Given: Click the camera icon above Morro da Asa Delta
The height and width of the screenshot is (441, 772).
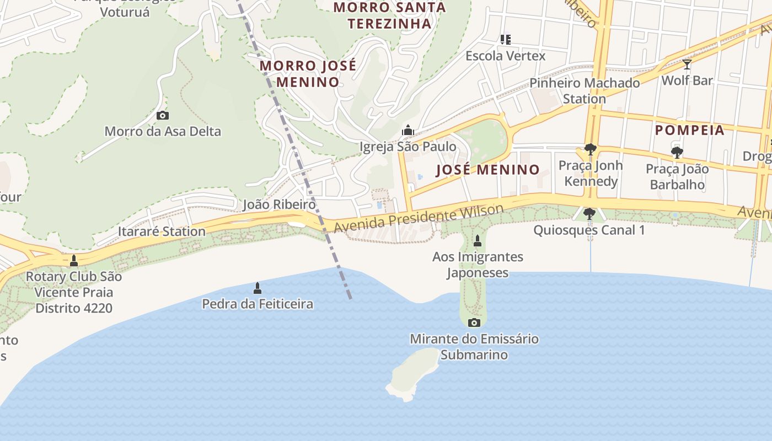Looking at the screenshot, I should click(163, 116).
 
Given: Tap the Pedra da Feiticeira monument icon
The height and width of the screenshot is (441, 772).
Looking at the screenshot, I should click(257, 288).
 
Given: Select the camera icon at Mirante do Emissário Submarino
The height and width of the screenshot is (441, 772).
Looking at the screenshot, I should click(474, 322).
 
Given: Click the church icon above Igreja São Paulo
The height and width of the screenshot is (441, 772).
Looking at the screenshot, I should click(408, 131).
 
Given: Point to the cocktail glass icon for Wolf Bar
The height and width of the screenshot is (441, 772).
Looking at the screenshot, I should click(687, 64).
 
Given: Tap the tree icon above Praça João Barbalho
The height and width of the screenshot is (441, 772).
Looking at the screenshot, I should click(677, 153).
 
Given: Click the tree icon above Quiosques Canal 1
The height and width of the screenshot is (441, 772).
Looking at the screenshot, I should click(589, 214).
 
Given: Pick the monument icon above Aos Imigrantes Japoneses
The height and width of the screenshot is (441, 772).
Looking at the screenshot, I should click(478, 241).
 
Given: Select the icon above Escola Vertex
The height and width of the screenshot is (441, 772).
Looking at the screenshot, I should click(505, 40).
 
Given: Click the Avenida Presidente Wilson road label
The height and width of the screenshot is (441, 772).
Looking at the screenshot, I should click(419, 219).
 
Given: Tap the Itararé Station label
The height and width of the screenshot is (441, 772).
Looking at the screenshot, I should click(162, 231).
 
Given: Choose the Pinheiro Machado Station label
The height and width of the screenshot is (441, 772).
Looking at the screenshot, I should click(585, 91).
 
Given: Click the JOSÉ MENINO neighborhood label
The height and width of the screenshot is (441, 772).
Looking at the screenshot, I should click(487, 169).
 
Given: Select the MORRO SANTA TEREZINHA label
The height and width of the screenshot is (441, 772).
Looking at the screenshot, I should click(389, 15).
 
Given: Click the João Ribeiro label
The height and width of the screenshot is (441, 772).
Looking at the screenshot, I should click(280, 205).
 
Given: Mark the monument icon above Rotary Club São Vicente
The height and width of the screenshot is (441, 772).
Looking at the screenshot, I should click(74, 261).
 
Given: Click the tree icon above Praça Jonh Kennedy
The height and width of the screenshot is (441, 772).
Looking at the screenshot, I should click(590, 149).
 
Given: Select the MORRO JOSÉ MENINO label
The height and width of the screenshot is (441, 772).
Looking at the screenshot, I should click(308, 74).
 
